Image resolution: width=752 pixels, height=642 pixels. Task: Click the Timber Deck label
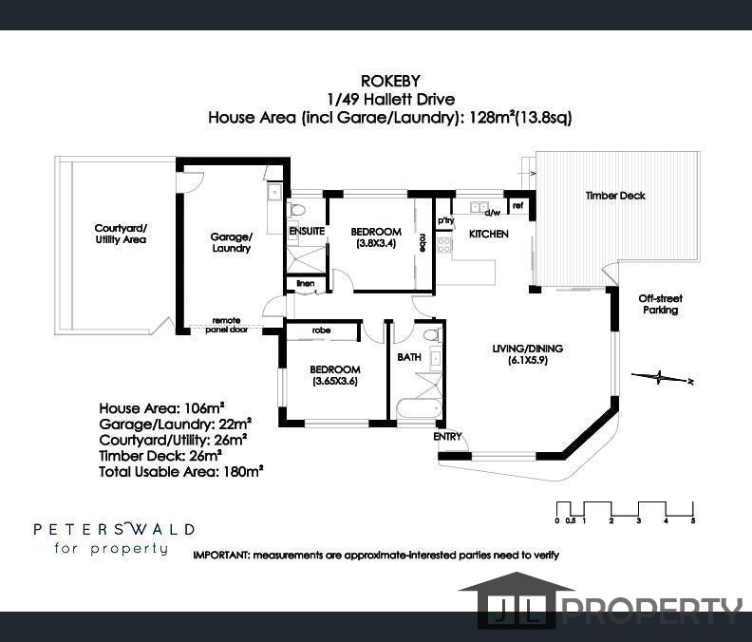(x=615, y=196)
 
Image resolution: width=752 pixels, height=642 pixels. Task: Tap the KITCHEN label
(x=489, y=234)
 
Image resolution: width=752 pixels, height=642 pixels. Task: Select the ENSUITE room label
(x=307, y=231)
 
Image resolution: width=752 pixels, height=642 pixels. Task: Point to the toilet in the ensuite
(x=297, y=210)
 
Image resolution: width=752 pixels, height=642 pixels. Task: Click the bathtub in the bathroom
(x=419, y=408)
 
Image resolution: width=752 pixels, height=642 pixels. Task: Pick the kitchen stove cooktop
(x=444, y=245)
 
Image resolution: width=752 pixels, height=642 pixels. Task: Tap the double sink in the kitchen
(x=478, y=207)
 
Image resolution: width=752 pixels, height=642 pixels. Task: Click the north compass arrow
(x=663, y=378)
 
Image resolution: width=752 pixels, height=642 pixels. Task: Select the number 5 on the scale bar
(x=693, y=520)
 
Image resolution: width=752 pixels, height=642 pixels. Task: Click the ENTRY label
(x=447, y=436)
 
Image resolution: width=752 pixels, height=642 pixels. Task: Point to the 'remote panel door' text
(x=226, y=325)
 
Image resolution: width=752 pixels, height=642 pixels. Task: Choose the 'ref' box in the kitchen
(x=518, y=206)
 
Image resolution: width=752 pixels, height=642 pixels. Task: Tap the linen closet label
(x=306, y=283)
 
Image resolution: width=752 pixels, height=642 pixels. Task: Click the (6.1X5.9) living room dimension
(x=528, y=360)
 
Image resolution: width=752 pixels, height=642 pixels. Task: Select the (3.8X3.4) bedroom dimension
(x=376, y=243)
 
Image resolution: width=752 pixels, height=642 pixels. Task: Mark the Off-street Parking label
(x=661, y=304)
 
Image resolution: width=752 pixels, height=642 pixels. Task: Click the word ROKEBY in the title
(x=390, y=80)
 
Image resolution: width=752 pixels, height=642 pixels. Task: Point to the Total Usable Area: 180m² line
(x=180, y=472)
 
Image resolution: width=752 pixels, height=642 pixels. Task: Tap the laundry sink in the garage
(x=274, y=193)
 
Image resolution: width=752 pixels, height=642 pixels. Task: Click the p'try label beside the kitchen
(x=445, y=220)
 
